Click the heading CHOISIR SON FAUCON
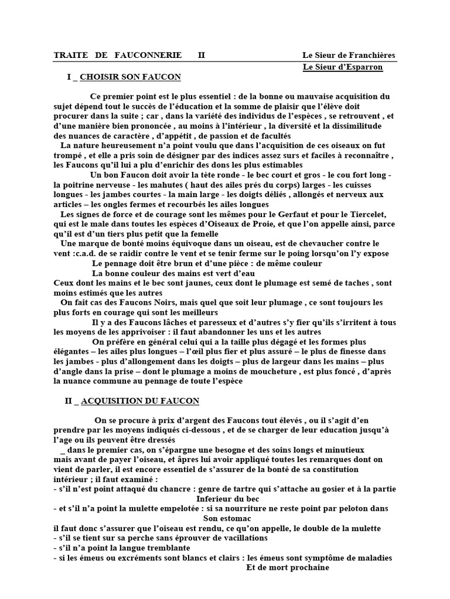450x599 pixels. tap(130, 77)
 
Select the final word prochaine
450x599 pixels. tap(305, 567)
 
